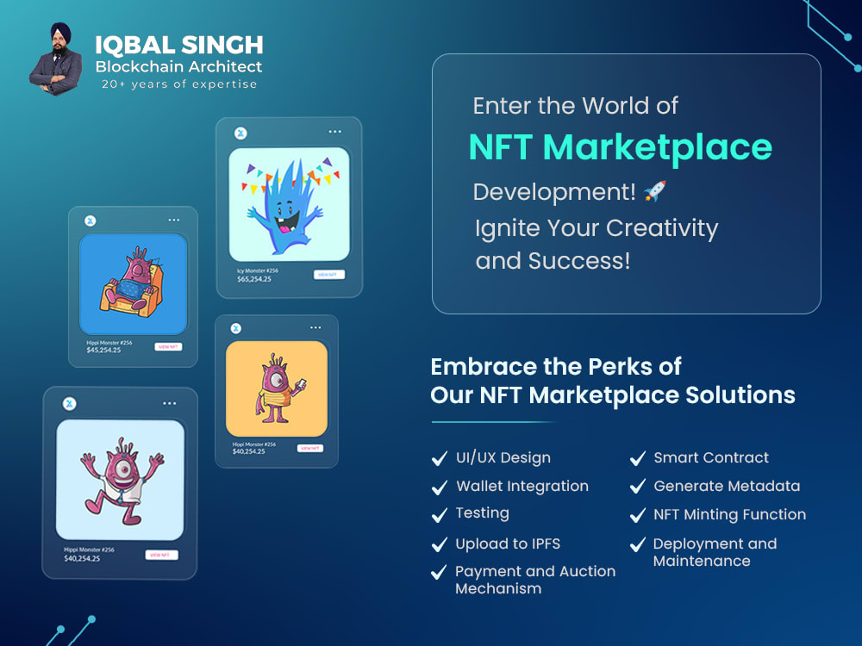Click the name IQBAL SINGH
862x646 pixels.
coord(178,44)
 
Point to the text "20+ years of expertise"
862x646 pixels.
coord(179,84)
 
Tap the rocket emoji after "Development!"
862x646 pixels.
coord(655,191)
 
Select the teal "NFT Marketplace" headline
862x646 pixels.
coord(620,147)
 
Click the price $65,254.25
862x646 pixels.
coord(254,279)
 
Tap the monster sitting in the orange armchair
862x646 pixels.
coord(132,284)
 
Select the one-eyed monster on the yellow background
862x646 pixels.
coord(276,388)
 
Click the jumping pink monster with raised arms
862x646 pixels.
coord(119,479)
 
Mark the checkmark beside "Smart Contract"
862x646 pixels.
coord(638,458)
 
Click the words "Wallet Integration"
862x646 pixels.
coord(522,486)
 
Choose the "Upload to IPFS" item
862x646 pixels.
coord(508,544)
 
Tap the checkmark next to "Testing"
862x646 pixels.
coord(440,514)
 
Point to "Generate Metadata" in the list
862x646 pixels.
coord(727,486)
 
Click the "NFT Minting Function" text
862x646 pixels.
coord(730,514)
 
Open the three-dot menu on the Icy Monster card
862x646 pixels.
coord(335,132)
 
